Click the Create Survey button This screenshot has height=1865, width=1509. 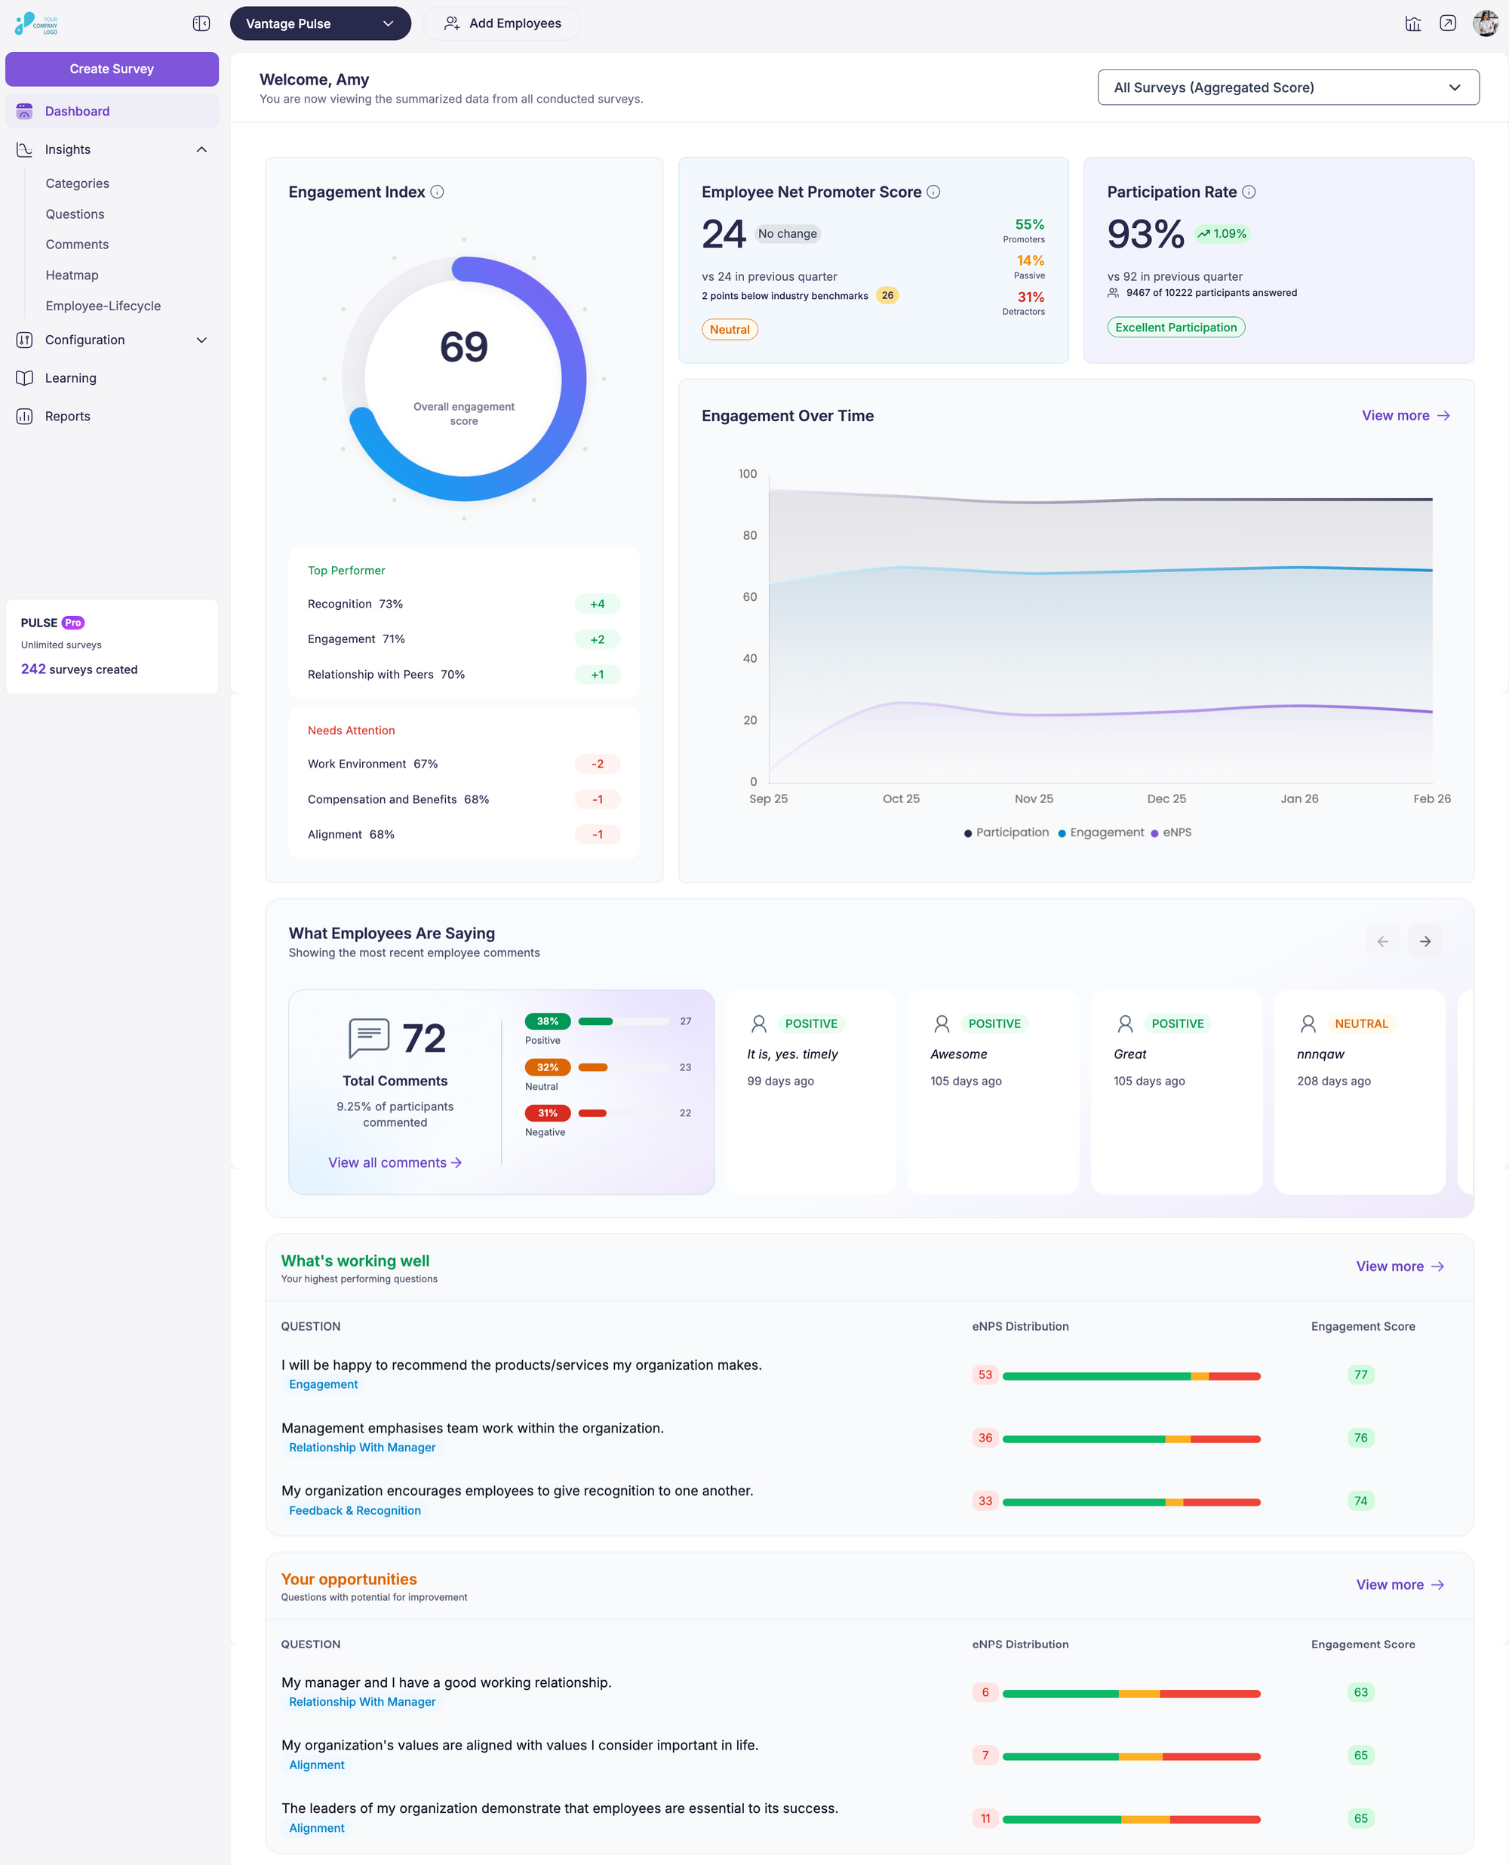tap(111, 69)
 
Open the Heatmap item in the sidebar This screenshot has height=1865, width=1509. tap(72, 275)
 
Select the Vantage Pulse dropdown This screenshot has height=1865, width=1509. tap(319, 23)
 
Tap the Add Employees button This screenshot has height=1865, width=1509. tap(502, 23)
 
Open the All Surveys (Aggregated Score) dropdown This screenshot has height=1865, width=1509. tap(1287, 87)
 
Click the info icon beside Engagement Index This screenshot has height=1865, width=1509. tap(437, 192)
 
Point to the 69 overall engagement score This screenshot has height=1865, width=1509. tap(463, 347)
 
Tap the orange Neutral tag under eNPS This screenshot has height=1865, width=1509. tap(730, 330)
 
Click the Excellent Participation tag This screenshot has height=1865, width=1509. tap(1176, 328)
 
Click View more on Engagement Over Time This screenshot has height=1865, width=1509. tap(1405, 416)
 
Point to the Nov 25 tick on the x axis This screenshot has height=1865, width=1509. tap(1034, 799)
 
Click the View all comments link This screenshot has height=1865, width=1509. tap(395, 1162)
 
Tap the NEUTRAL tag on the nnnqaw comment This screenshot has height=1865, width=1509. tap(1360, 1023)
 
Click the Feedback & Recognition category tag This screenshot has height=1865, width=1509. tap(355, 1510)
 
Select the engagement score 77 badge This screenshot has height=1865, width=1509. tap(1360, 1374)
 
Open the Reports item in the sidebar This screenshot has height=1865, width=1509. tap(68, 417)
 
